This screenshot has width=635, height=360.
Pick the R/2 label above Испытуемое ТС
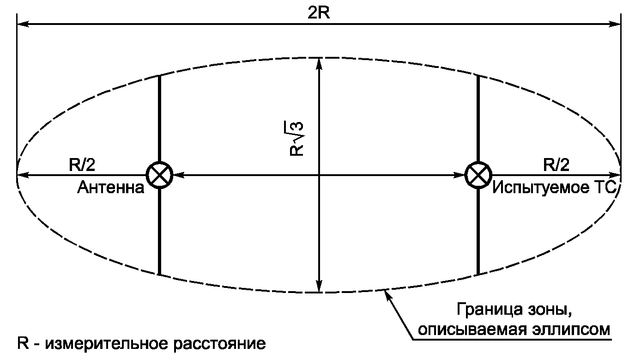pos(556,165)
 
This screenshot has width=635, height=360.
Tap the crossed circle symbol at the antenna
pos(159,175)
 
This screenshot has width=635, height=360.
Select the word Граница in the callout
pos(487,309)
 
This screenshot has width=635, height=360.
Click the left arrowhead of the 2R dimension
pos(22,23)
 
